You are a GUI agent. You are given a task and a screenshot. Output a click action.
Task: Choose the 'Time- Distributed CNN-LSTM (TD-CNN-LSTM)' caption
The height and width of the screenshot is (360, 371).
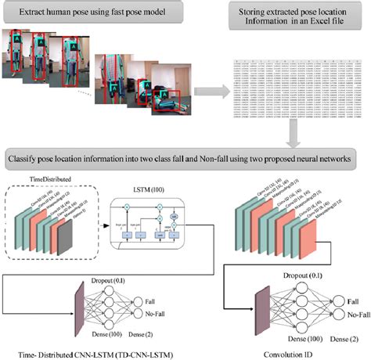click(x=87, y=351)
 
